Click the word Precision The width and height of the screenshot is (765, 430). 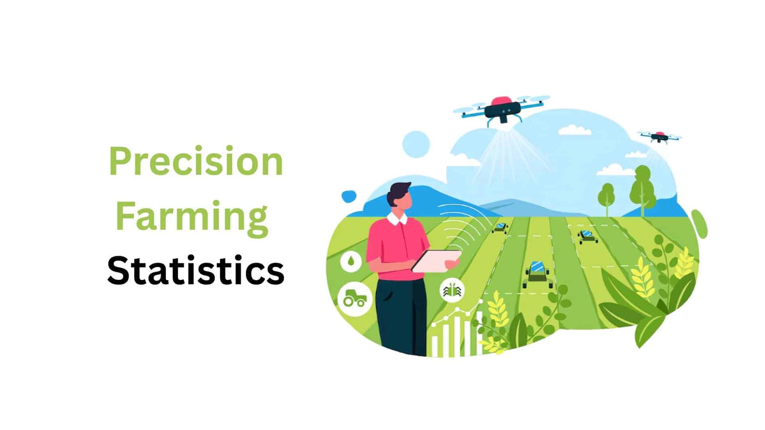click(196, 162)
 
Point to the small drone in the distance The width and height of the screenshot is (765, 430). click(659, 137)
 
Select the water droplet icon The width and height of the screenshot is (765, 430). click(351, 262)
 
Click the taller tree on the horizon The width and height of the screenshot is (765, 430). click(642, 187)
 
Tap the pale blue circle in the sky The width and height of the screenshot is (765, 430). click(416, 144)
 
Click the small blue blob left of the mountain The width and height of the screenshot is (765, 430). click(349, 196)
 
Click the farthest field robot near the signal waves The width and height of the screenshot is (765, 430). click(500, 228)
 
